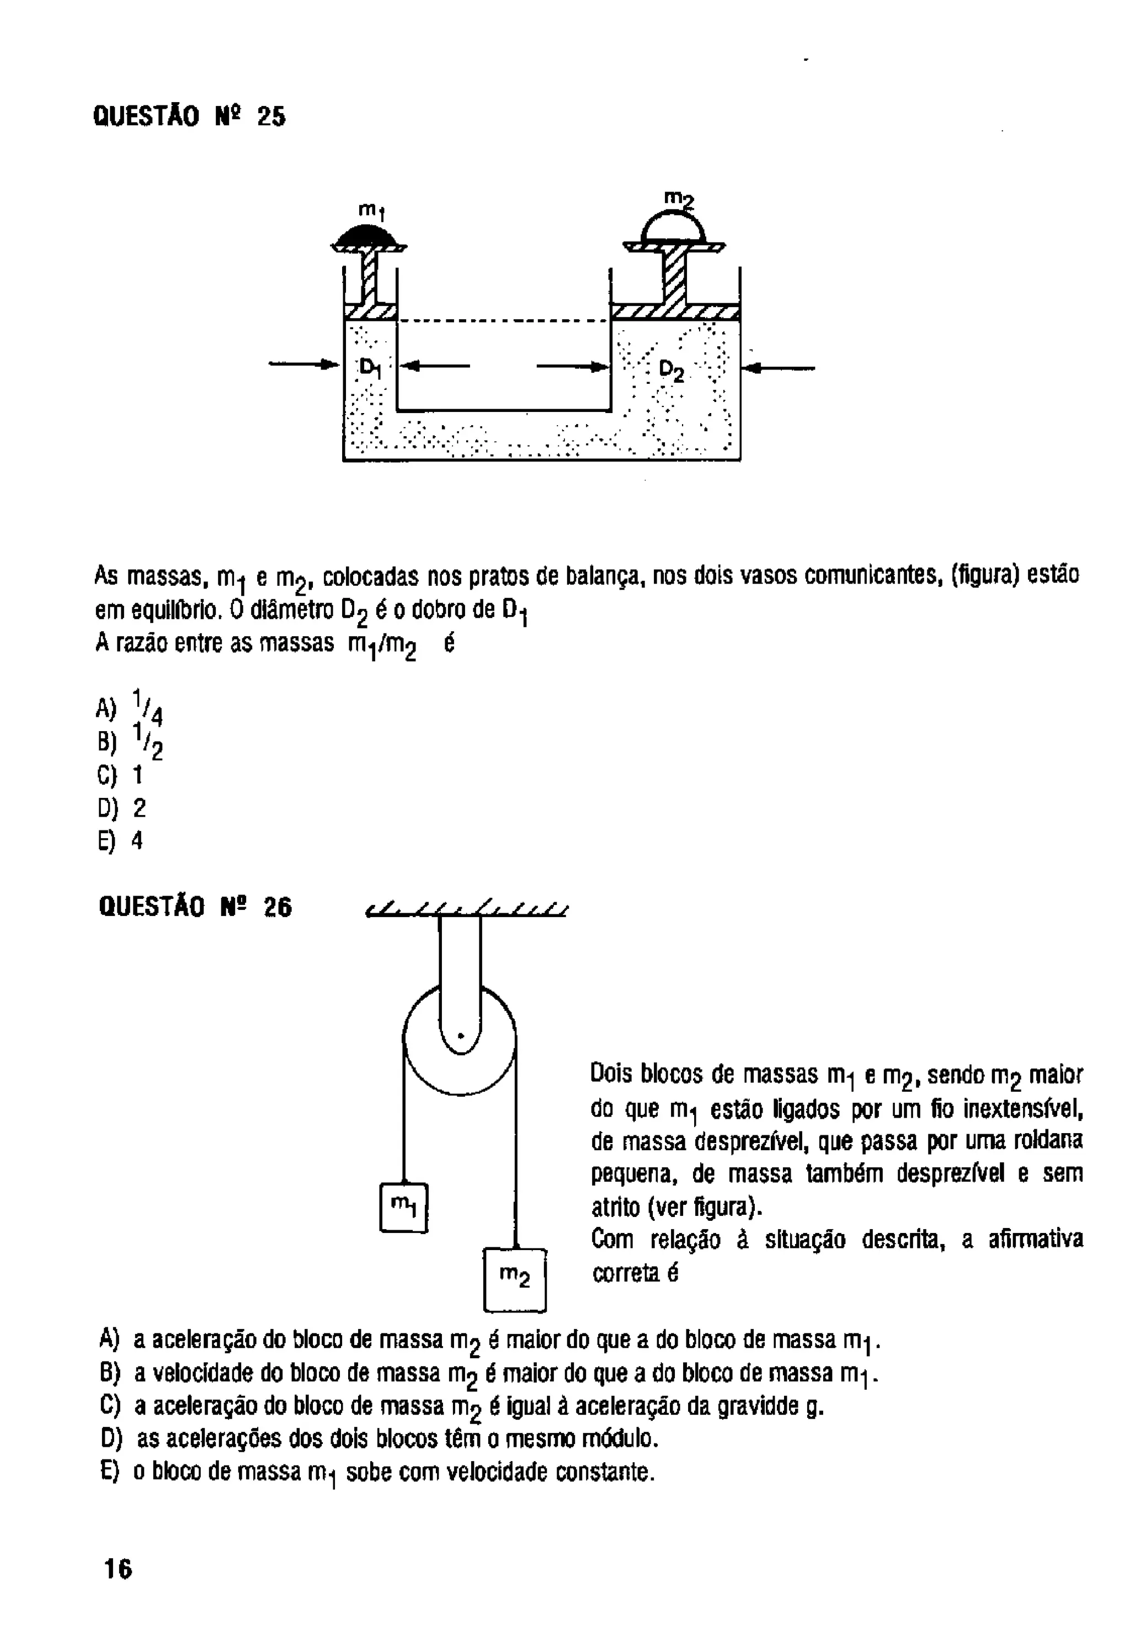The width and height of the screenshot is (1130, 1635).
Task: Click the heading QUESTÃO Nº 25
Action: click(x=189, y=116)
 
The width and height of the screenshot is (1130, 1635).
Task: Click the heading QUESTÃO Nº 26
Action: click(x=195, y=907)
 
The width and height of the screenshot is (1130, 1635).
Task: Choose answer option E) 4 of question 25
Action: click(x=121, y=841)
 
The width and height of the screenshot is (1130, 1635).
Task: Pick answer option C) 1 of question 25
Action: click(x=120, y=775)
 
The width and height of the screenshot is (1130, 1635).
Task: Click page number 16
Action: click(x=118, y=1569)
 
